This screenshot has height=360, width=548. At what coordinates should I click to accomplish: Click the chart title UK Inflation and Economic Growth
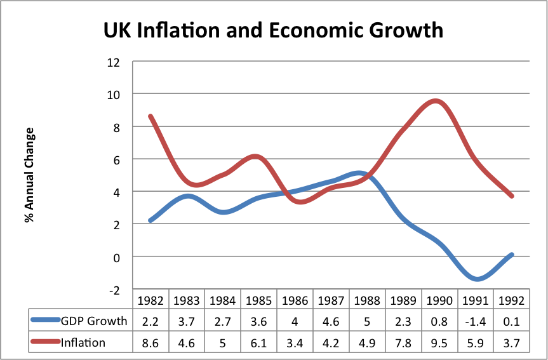[x=274, y=30]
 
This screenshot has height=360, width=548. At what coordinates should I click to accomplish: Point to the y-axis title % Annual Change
[x=29, y=175]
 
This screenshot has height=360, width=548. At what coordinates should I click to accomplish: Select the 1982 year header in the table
[x=150, y=299]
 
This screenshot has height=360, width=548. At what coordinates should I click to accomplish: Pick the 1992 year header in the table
[x=511, y=299]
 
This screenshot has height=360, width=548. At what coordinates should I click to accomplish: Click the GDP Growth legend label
[x=93, y=321]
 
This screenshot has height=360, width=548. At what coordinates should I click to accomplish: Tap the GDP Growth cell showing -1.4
[x=475, y=321]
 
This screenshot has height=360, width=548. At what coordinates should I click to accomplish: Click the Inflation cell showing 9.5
[x=439, y=343]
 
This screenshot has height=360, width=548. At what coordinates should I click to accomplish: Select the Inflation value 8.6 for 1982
[x=150, y=343]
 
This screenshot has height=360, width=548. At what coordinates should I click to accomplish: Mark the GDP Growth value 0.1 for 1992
[x=511, y=321]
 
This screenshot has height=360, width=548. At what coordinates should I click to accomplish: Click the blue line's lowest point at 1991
[x=475, y=279]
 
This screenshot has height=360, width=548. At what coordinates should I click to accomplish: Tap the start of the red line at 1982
[x=150, y=116]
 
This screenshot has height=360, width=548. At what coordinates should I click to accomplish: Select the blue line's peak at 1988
[x=359, y=173]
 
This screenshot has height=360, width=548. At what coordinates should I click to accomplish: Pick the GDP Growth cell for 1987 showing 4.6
[x=331, y=321]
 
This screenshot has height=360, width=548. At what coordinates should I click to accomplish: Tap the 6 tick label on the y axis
[x=116, y=159]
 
